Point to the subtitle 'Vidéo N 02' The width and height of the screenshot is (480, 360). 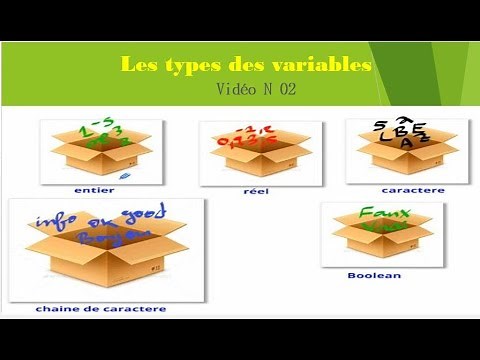(256, 90)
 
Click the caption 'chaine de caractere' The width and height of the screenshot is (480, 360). (102, 309)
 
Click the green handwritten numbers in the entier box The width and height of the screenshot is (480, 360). (92, 134)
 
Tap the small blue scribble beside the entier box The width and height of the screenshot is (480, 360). (137, 175)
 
